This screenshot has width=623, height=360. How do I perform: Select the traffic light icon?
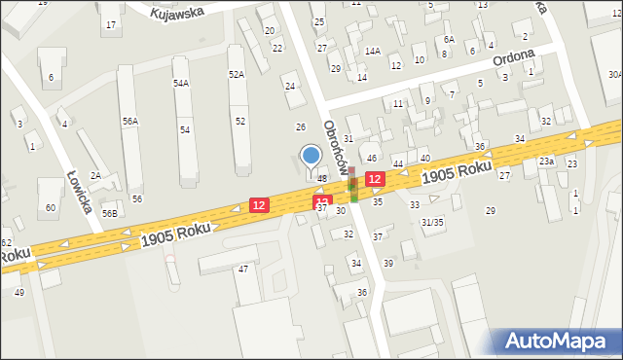tap(353, 184)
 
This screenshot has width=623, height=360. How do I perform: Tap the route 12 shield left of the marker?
tap(259, 204)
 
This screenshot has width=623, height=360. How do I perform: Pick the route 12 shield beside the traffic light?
tap(375, 179)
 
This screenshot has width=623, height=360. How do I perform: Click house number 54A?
tap(181, 84)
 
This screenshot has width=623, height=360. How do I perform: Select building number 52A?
tap(237, 74)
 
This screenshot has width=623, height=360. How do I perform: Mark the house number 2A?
tap(95, 175)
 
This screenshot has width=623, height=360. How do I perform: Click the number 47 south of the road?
tap(244, 268)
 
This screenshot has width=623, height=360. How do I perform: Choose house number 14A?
tap(372, 51)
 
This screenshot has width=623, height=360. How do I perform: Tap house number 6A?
tap(449, 39)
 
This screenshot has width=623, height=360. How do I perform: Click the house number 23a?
tap(547, 162)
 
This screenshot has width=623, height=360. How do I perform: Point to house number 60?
tap(50, 207)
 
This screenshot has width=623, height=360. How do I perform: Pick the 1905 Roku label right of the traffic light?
tap(457, 171)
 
